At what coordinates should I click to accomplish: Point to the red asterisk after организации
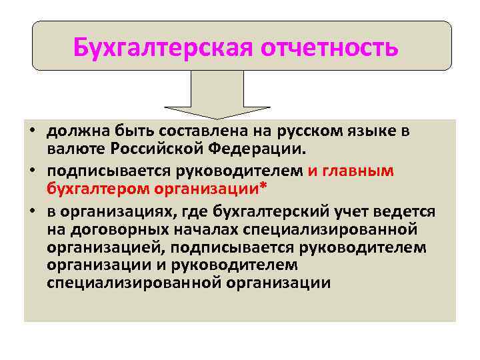[263, 186]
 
